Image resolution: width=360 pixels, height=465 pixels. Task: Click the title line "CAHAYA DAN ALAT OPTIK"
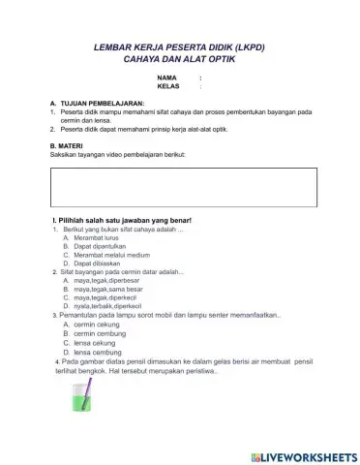[x=180, y=59]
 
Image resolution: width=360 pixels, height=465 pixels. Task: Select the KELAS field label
[x=168, y=86]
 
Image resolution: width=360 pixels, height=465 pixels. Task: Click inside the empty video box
[x=183, y=188]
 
